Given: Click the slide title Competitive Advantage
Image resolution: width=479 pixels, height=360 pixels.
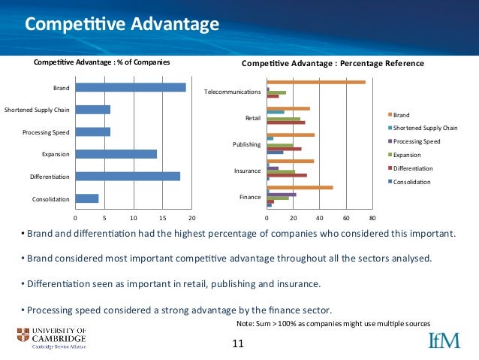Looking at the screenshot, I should click(122, 25).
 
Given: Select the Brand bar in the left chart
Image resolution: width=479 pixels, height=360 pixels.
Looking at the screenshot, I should click(131, 87).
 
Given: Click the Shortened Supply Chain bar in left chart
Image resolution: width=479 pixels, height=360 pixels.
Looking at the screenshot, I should click(93, 110).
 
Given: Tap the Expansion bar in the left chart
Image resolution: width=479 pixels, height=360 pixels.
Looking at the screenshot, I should click(116, 154).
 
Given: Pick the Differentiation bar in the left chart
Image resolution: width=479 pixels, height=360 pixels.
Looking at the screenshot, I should click(128, 177).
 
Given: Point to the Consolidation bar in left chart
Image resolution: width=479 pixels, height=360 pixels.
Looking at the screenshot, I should click(87, 199).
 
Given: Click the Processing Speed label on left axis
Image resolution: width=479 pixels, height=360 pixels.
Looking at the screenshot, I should click(47, 132).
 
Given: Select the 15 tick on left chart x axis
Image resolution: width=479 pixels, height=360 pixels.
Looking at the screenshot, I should click(162, 218).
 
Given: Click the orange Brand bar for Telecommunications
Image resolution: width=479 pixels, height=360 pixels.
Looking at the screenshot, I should click(316, 82).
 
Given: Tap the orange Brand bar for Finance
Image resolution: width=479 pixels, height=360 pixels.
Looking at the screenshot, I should click(300, 187).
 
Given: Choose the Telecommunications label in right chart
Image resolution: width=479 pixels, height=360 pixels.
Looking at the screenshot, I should click(232, 92).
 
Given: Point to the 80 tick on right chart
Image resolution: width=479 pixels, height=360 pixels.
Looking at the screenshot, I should click(372, 218).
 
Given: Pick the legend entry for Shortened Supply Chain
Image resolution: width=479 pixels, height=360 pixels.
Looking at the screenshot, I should click(425, 128).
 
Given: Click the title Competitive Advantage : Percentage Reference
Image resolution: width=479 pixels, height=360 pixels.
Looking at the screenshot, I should click(333, 64).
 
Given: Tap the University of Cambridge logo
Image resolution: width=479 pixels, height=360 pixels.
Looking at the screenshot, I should click(51, 338).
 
